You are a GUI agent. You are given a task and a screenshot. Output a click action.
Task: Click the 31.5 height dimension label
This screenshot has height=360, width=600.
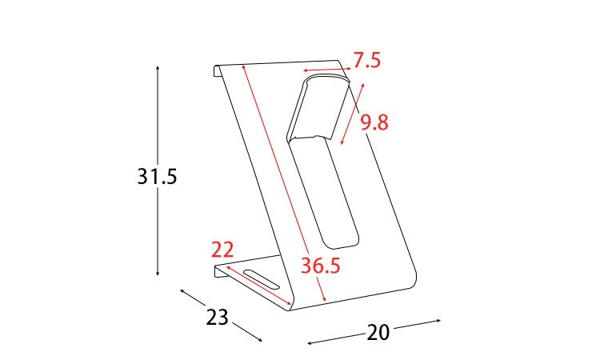[x=158, y=177]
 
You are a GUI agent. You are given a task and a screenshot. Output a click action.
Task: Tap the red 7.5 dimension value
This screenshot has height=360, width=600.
[x=367, y=61]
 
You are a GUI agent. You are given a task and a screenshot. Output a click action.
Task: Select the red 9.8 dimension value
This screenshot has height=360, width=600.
[x=374, y=123]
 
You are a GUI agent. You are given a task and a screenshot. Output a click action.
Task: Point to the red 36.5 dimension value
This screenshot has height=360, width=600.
[x=320, y=266]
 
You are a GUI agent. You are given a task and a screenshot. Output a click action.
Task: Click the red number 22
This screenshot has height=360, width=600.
[x=222, y=250]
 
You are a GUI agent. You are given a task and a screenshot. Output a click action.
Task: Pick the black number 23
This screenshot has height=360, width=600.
[x=217, y=317]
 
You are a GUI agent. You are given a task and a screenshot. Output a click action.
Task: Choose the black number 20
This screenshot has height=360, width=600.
[x=378, y=332]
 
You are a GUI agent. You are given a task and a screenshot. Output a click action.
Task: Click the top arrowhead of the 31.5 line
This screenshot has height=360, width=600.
[x=158, y=68]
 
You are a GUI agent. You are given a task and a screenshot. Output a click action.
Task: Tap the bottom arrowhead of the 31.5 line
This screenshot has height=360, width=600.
[x=158, y=273]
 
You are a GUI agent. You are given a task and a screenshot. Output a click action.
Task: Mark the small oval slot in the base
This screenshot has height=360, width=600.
[x=262, y=279]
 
